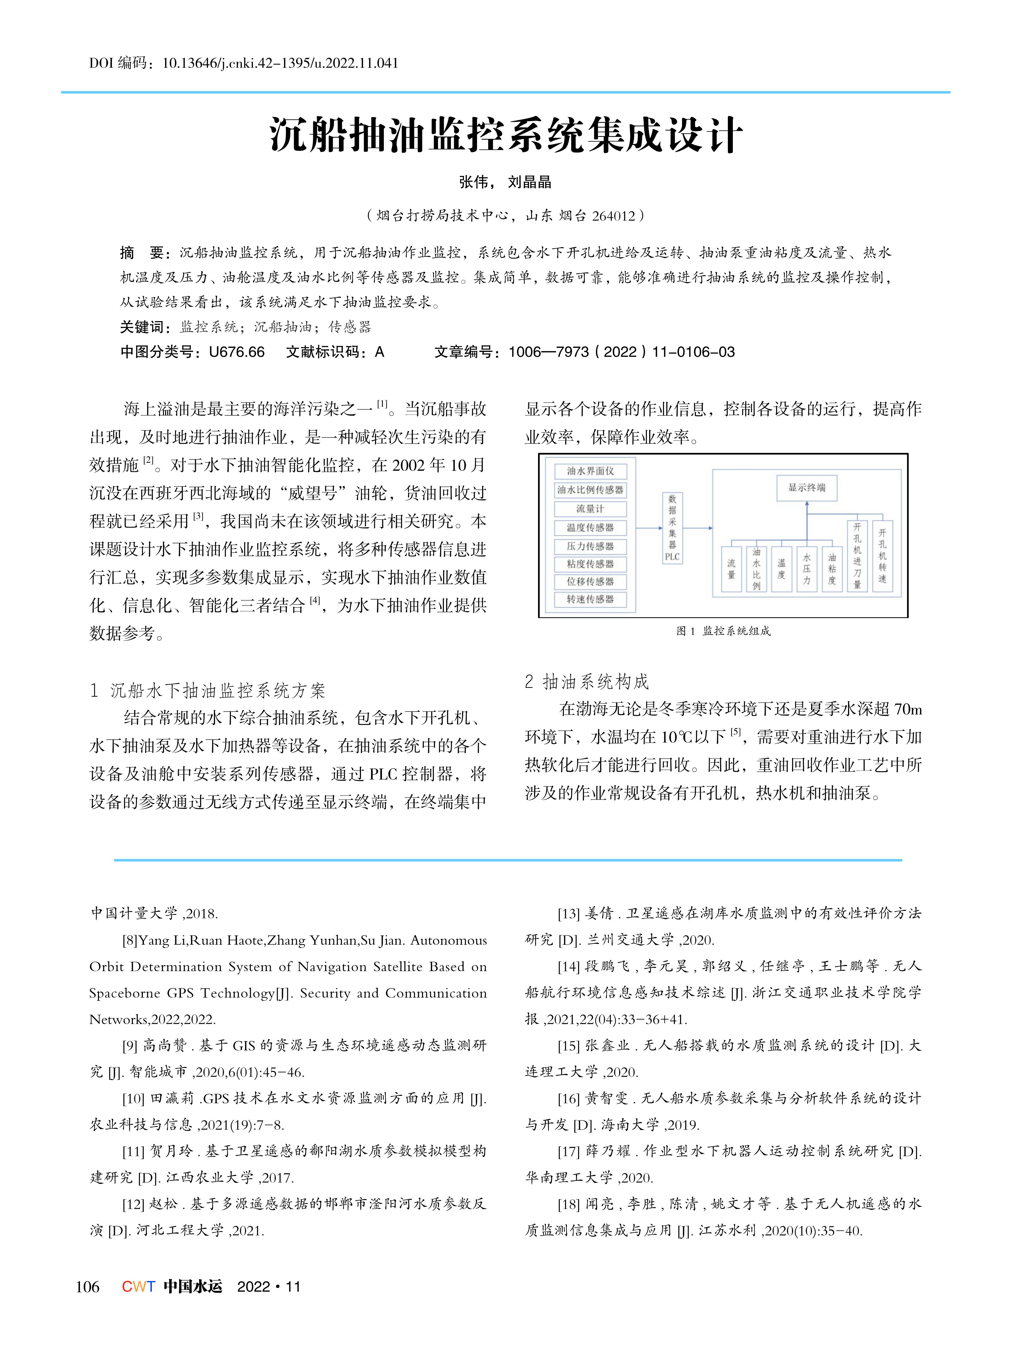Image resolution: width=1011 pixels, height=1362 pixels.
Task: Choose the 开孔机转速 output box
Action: point(882,555)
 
